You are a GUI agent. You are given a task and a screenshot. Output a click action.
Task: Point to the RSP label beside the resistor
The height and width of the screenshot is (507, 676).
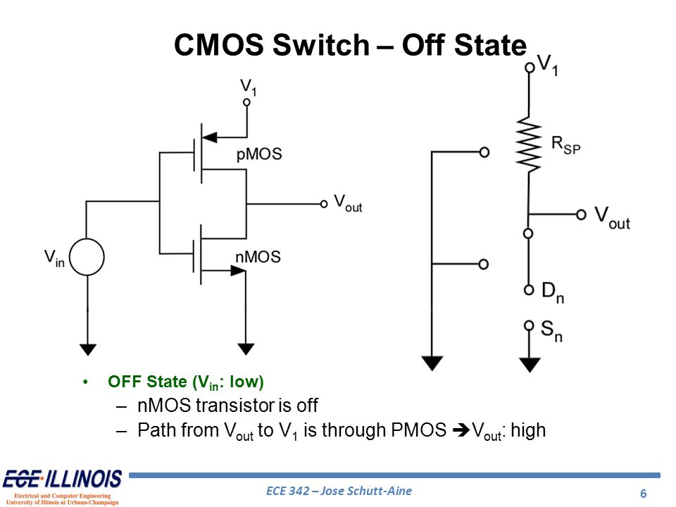pos(565,146)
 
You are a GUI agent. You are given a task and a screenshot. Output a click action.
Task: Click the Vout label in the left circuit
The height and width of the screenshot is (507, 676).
pos(347,204)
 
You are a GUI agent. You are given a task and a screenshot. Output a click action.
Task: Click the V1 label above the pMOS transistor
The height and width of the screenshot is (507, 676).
pos(249,87)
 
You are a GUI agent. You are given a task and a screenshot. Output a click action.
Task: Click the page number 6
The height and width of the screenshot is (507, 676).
pos(643,493)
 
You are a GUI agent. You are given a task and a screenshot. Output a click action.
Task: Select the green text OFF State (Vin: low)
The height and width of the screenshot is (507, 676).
pos(185,382)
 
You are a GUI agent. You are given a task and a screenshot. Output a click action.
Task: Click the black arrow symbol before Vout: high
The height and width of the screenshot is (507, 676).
pos(462,430)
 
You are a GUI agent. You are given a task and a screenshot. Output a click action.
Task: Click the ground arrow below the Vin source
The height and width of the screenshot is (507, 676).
pos(87,348)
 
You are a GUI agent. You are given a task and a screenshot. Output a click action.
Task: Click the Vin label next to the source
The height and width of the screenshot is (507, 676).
pos(55,258)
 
